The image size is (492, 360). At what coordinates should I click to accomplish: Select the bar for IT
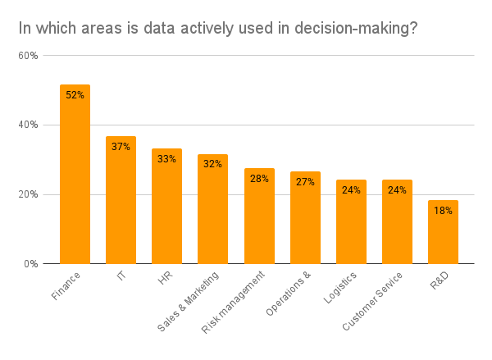click(x=121, y=200)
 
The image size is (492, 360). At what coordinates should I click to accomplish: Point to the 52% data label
click(x=75, y=95)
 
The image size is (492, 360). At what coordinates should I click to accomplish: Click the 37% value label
click(x=121, y=147)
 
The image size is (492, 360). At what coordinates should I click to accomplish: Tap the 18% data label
click(x=443, y=211)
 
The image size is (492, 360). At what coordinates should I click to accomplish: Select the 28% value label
click(x=259, y=179)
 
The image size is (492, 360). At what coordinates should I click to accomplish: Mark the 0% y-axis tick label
click(x=30, y=264)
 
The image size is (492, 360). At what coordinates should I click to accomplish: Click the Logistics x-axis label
click(x=339, y=288)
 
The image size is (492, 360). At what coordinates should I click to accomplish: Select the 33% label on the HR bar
click(x=166, y=159)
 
